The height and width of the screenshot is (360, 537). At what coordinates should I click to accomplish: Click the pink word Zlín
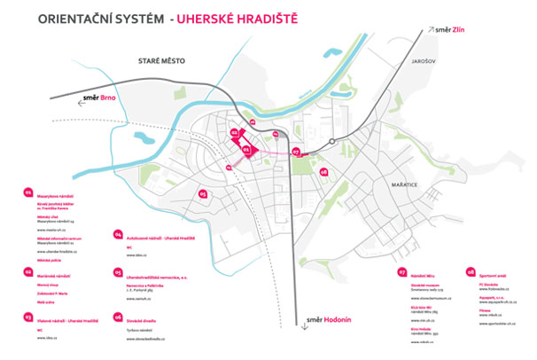(x=458, y=29)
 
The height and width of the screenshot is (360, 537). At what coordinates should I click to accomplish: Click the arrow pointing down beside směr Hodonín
(x=303, y=325)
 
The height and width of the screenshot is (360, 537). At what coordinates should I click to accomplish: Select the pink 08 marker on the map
(x=325, y=171)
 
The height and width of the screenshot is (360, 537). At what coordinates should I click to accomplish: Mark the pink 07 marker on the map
(x=297, y=152)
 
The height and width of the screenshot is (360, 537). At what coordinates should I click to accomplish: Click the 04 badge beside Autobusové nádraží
(x=117, y=236)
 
